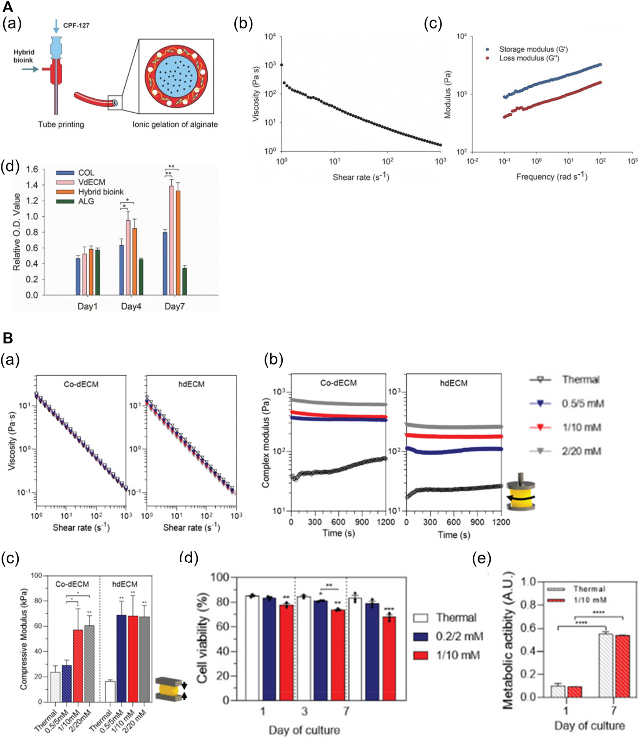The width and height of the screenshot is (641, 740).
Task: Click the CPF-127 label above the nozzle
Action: (x=76, y=26)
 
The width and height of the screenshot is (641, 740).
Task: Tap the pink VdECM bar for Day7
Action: (x=172, y=240)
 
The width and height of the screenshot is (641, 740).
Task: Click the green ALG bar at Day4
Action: (x=141, y=277)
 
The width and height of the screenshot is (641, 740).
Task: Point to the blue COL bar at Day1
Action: (x=78, y=276)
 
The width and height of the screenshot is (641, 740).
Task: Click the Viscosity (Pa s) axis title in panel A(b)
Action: (x=256, y=94)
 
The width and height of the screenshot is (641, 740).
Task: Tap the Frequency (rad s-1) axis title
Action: (x=552, y=177)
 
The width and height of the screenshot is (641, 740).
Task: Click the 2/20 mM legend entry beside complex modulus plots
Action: (x=581, y=451)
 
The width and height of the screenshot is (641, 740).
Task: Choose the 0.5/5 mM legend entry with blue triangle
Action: (x=582, y=404)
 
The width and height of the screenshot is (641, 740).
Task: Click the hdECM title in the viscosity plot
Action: (x=191, y=384)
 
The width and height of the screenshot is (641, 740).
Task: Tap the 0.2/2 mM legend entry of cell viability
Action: (x=459, y=637)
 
